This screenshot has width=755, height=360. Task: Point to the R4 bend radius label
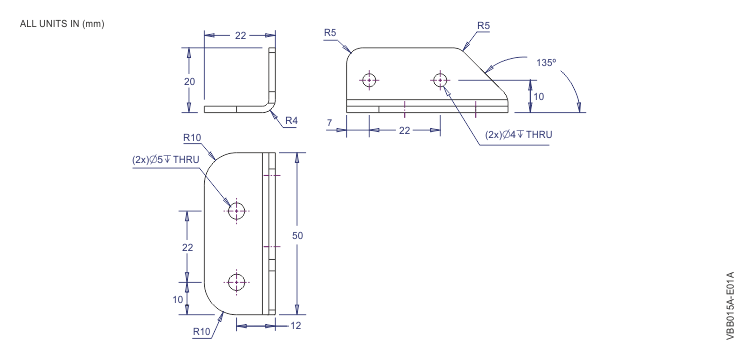pyautogui.click(x=292, y=120)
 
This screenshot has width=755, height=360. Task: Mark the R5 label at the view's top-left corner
pyautogui.click(x=331, y=33)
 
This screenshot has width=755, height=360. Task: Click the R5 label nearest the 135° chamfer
pyautogui.click(x=483, y=23)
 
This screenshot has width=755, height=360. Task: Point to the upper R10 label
pyautogui.click(x=193, y=139)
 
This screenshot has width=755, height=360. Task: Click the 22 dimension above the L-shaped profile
pyautogui.click(x=240, y=35)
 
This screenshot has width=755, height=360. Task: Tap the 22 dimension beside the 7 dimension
pyautogui.click(x=404, y=130)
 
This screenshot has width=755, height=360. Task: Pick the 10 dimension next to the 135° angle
pyautogui.click(x=539, y=98)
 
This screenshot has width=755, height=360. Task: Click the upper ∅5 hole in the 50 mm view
pyautogui.click(x=236, y=211)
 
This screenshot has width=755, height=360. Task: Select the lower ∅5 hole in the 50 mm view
pyautogui.click(x=236, y=282)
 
